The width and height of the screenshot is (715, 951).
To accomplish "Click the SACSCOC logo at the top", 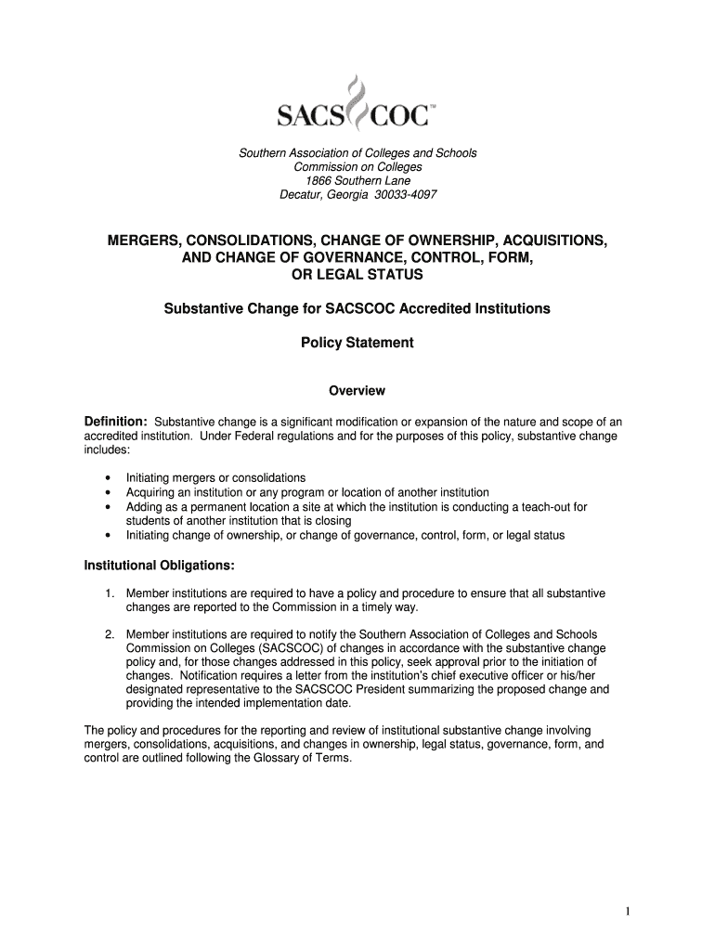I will click(357, 109).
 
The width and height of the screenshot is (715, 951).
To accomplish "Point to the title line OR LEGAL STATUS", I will click(357, 275).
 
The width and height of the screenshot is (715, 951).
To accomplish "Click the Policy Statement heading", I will click(357, 343).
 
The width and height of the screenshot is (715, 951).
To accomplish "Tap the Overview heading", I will click(357, 391).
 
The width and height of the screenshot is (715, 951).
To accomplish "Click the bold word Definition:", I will click(116, 421).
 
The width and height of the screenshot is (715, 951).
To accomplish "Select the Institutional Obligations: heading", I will click(159, 565).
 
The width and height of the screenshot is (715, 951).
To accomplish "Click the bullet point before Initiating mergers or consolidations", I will click(109, 477).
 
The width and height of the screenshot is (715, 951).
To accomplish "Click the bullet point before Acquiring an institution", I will click(109, 492).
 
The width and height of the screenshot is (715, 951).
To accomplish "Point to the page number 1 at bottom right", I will click(629, 912).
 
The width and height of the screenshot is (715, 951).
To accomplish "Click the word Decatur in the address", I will click(301, 195).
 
